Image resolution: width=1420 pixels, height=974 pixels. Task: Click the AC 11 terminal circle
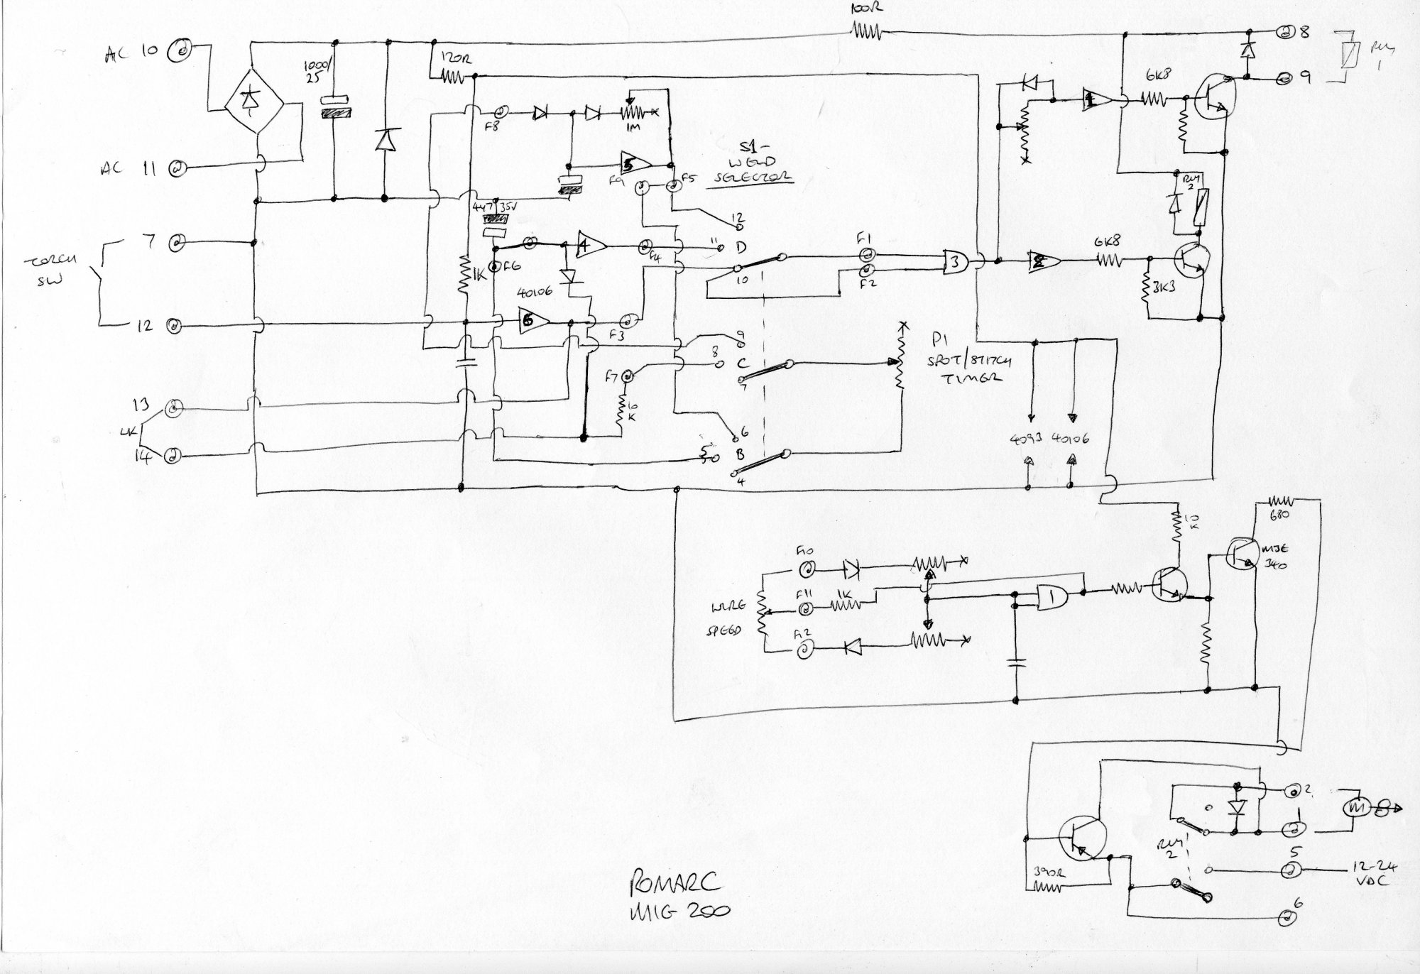click(x=177, y=168)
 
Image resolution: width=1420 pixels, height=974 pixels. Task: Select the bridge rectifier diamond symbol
click(x=254, y=104)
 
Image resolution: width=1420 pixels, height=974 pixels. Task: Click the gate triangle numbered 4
click(x=591, y=246)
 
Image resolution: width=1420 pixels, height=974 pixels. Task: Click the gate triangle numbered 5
click(x=635, y=163)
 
